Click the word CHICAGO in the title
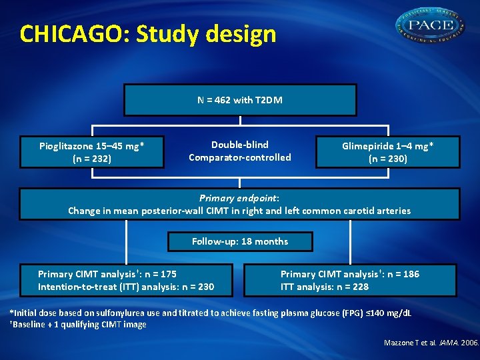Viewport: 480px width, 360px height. click(73, 33)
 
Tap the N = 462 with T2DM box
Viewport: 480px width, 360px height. click(240, 100)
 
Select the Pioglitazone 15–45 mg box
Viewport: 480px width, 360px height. click(92, 152)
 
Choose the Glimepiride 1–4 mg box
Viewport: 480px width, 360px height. click(387, 152)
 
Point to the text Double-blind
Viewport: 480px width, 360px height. click(240, 145)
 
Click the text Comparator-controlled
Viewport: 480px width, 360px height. click(240, 157)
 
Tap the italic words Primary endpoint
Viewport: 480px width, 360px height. click(239, 198)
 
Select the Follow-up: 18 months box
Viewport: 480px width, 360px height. click(240, 241)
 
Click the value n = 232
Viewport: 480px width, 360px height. click(93, 159)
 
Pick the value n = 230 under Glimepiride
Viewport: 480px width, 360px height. click(388, 159)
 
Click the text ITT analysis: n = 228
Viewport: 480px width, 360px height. click(325, 287)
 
